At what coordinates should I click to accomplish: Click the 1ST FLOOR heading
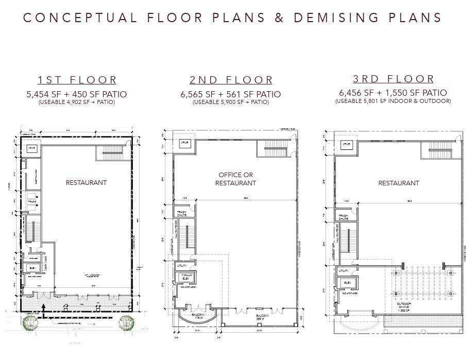(77, 80)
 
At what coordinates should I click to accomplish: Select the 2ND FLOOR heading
(231, 80)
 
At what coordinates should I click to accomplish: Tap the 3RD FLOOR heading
(393, 79)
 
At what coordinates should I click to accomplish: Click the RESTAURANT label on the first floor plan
(86, 182)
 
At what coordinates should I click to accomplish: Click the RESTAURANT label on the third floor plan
(398, 183)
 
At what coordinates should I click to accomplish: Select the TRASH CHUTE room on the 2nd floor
(181, 213)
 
